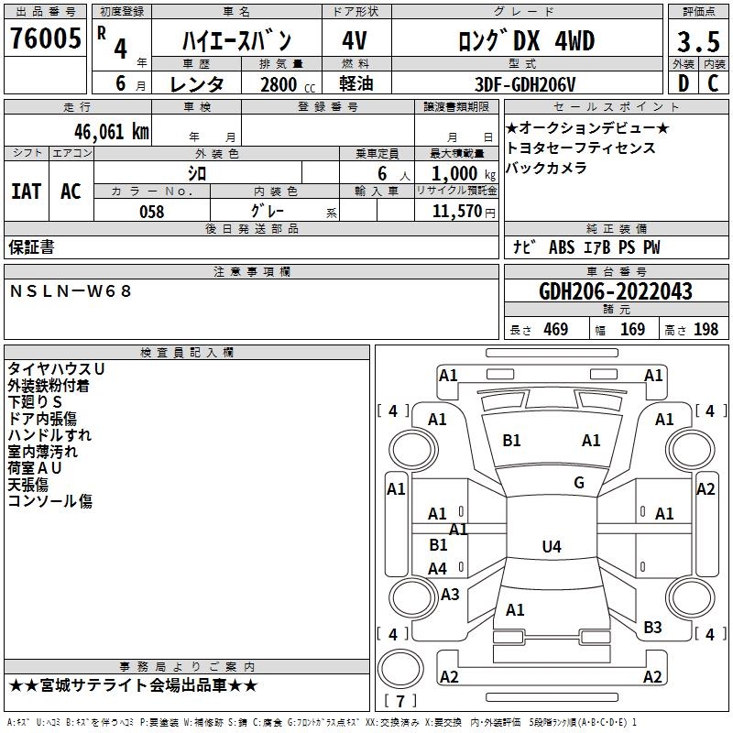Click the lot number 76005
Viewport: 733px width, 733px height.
pos(46,38)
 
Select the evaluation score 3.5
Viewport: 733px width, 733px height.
pos(698,41)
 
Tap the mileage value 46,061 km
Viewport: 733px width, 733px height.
pos(111,132)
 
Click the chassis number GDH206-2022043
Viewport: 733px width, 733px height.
pos(615,291)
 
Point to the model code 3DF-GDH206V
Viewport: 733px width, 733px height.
pos(525,84)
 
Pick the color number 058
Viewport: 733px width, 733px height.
pos(152,212)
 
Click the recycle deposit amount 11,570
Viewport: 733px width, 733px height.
pos(456,212)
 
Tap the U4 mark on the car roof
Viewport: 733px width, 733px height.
pos(552,546)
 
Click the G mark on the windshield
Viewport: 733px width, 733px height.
pos(579,483)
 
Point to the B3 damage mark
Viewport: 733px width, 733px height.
pos(652,628)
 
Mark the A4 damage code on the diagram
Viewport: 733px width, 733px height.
pos(438,569)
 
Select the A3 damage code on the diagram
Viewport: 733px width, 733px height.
pos(450,594)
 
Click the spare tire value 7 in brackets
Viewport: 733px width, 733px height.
pos(400,701)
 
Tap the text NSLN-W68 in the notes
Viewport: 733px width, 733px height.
pos(71,291)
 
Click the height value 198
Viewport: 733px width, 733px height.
pos(706,330)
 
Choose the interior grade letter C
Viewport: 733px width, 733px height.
pos(714,83)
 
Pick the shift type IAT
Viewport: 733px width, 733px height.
pos(27,191)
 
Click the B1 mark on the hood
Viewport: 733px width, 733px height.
pos(511,441)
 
